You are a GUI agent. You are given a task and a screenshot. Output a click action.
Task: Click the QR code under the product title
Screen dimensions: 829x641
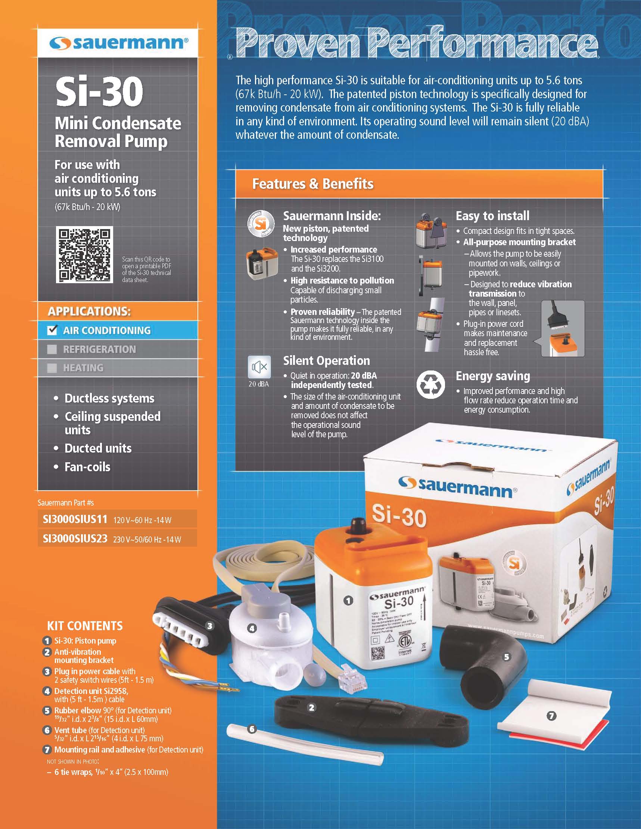pos(84,254)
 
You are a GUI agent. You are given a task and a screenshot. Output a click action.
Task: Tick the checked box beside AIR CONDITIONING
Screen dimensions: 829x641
pos(52,330)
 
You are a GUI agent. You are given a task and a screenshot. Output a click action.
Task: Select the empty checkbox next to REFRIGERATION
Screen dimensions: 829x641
pos(52,349)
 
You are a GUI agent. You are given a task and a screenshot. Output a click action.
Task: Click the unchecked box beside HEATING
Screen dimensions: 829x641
pos(52,368)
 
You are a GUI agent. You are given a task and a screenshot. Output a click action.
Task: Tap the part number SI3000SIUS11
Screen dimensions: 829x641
pos(75,519)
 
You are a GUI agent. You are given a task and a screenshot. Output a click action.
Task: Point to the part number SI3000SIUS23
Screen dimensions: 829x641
pos(75,539)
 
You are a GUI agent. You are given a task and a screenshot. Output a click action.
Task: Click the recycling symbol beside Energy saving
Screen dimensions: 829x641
pos(430,385)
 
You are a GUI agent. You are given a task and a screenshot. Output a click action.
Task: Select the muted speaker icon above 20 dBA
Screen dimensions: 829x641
pos(259,367)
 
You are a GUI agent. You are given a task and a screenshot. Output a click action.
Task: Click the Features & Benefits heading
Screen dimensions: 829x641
pos(313,184)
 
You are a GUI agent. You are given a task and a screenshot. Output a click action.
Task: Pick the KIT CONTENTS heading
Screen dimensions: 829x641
pos(85,626)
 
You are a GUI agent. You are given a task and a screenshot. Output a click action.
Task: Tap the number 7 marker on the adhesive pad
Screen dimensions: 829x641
pos(551,716)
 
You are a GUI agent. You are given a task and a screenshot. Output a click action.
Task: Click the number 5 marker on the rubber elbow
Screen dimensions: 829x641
pos(507,657)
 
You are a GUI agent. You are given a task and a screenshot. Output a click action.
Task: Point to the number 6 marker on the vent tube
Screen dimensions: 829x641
pos(252,729)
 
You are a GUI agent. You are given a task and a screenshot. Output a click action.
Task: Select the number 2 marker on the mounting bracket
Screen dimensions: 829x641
pos(311,707)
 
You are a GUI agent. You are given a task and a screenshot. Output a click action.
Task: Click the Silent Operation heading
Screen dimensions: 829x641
pos(326,361)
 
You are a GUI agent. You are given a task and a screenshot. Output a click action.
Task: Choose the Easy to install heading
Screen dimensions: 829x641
pos(492,216)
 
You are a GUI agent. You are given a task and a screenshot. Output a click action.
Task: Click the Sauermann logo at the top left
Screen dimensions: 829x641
pos(118,43)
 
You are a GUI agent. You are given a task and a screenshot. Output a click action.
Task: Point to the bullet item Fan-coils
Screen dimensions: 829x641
pos(87,466)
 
